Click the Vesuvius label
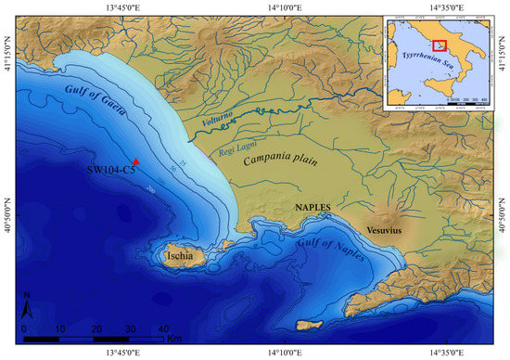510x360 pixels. click(x=383, y=229)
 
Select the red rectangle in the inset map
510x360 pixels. click(x=440, y=45)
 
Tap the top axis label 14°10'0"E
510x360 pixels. click(x=283, y=6)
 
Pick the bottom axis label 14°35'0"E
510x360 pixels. click(x=443, y=354)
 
